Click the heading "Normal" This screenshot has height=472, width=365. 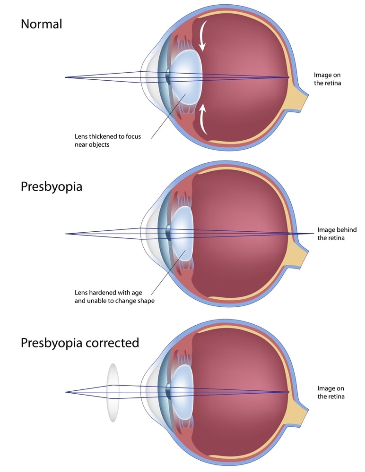coord(41,24)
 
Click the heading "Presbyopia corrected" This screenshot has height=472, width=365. coord(80,343)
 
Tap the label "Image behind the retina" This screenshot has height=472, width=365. coord(337,234)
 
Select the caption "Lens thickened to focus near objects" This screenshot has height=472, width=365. coord(108,140)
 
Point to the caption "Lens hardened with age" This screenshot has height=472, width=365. coord(108,293)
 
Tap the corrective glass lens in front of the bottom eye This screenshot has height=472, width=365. coord(113,393)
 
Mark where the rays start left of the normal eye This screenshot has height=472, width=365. coord(65,77)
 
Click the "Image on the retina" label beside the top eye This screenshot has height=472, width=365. coord(327,79)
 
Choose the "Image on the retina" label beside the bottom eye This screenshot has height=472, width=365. coord(330,392)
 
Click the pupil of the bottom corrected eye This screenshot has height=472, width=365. coord(168,392)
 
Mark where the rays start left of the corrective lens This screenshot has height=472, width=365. coord(65,392)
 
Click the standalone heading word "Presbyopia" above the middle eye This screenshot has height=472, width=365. coord(51,187)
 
